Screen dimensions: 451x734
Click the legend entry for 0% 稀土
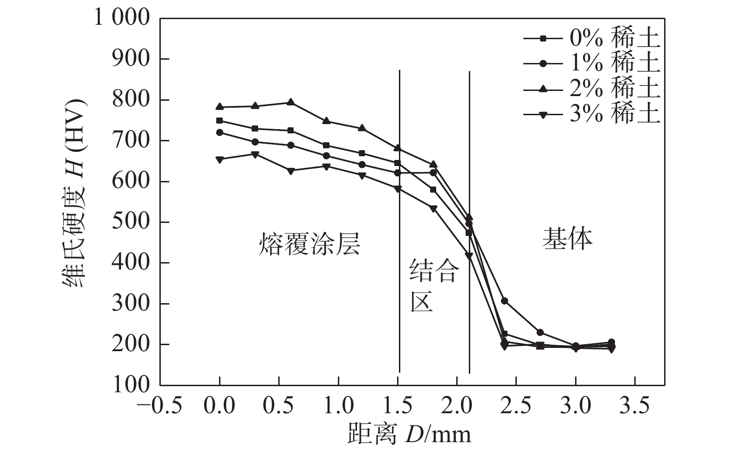click(x=592, y=39)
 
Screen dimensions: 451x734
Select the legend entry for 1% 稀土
click(x=592, y=64)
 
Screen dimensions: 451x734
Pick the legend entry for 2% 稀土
click(x=592, y=89)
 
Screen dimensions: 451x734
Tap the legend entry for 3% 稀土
click(x=592, y=114)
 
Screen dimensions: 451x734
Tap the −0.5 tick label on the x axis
click(x=159, y=406)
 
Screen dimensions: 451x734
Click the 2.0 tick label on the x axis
click(x=457, y=406)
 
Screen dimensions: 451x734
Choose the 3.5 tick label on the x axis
click(x=635, y=406)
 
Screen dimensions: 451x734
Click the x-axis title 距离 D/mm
click(x=409, y=434)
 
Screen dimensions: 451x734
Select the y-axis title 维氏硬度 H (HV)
click(x=74, y=194)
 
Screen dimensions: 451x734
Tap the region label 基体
click(x=567, y=239)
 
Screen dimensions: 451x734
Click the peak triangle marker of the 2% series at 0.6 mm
click(x=290, y=102)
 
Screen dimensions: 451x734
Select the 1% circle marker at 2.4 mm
click(x=504, y=301)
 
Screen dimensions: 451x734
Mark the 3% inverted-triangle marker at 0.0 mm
click(x=220, y=160)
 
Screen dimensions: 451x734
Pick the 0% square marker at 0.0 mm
click(x=220, y=120)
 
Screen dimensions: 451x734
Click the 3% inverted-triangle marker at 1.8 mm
click(x=433, y=208)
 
